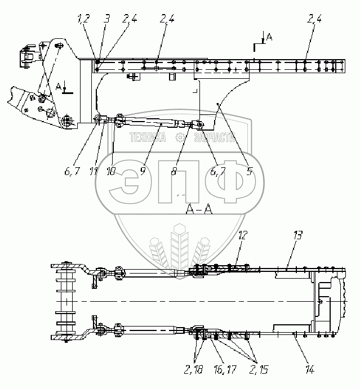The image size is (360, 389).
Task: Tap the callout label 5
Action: click(x=248, y=172)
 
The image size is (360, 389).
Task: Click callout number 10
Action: click(x=112, y=172)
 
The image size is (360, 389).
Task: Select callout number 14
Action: click(x=310, y=369)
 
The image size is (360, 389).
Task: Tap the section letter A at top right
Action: click(x=269, y=37)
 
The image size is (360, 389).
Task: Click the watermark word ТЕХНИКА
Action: click(x=148, y=137)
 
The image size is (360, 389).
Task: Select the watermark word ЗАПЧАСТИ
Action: click(x=214, y=137)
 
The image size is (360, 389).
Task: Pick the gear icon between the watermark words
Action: click(x=180, y=137)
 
